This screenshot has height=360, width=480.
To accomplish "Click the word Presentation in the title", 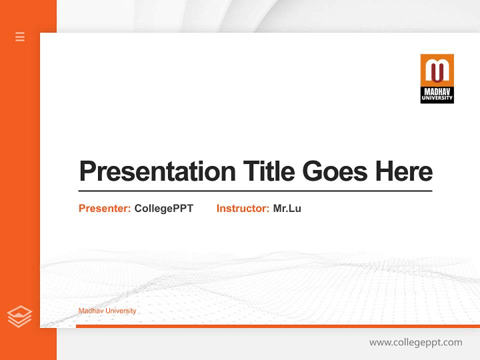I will point(157,172).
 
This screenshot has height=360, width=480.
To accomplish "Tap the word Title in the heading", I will point(269,171).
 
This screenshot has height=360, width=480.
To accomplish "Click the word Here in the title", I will point(404,171).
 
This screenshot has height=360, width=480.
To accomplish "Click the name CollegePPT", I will point(163,208).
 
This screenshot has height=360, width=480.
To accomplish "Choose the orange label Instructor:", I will point(243,208).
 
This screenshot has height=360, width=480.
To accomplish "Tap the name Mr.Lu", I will point(287,208).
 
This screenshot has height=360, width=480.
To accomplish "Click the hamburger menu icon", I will point(20,36).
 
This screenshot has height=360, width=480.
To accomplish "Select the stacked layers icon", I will point(19,317).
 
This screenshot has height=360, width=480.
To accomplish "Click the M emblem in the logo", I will point(437,70).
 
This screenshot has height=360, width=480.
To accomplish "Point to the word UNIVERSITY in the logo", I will point(437,98).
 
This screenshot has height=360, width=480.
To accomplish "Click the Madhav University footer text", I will point(107,311).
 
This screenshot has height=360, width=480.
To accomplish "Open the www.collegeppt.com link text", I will point(415,342).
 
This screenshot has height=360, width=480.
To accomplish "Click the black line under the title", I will point(255,190).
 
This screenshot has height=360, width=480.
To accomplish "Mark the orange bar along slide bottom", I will point(277,326).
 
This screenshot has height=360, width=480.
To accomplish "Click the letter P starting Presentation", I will point(87,171).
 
